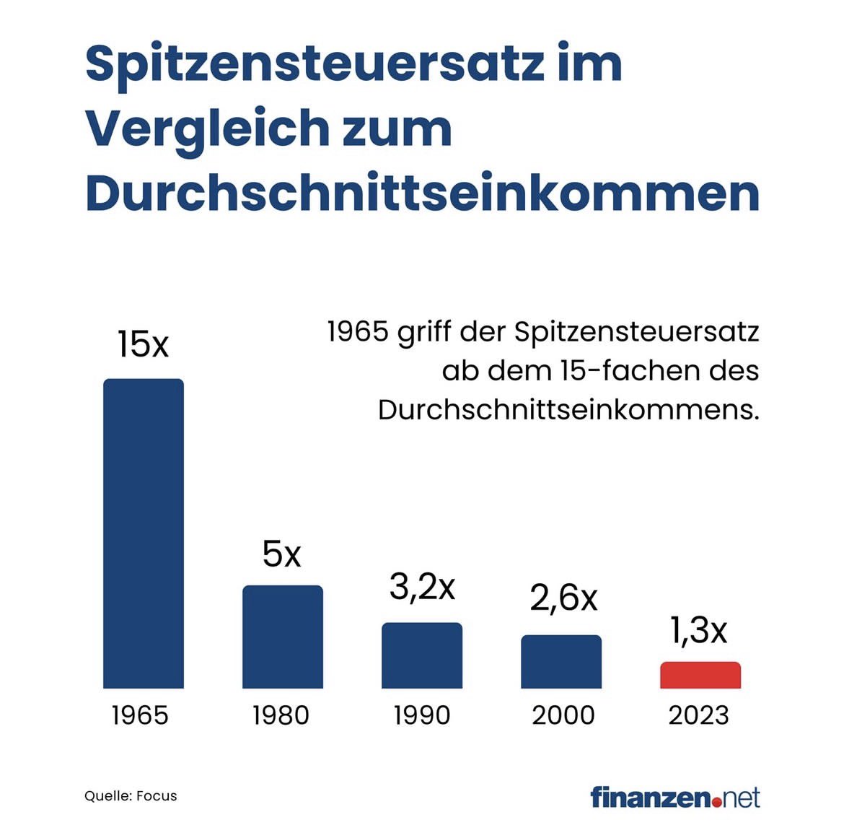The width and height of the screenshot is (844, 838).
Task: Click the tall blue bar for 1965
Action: pos(144,533)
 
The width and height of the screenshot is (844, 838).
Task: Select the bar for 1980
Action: pos(283,637)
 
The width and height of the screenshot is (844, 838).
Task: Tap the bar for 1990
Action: pos(422,655)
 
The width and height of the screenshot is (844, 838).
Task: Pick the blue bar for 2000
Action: pos(561,661)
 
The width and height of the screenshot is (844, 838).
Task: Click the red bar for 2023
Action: pos(700,675)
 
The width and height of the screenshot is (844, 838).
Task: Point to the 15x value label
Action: pos(143,344)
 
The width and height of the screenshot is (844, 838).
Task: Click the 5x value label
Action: pos(281,554)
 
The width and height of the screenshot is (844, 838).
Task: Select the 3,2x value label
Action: pos(422,587)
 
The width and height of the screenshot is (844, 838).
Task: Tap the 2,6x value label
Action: pos(563,598)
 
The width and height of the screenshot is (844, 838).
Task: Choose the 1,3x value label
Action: pos(698,631)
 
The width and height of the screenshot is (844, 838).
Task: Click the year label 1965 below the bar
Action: pos(140,715)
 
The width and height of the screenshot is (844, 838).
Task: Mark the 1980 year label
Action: pos(281,715)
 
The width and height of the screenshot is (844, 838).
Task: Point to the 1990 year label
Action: pos(421,715)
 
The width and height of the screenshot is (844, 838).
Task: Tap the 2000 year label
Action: pos(563,715)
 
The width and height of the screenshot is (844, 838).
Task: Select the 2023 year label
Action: pos(698,715)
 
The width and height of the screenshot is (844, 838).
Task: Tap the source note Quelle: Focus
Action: pos(131,796)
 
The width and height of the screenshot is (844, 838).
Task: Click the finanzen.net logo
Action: pos(674,798)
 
